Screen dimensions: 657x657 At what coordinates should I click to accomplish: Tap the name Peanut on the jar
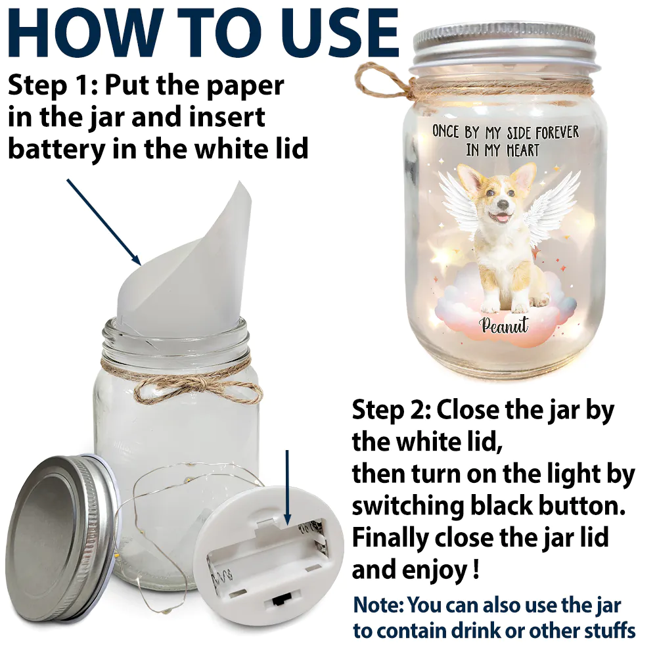point(505,325)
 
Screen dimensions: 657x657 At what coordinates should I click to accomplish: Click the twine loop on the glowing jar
point(376,81)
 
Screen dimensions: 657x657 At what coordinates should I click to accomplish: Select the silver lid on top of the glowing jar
point(503,44)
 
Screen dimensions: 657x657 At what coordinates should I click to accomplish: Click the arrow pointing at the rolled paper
point(104,222)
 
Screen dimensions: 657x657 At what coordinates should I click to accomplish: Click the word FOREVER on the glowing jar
point(557,133)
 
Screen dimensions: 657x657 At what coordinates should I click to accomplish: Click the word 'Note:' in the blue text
point(379,605)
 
